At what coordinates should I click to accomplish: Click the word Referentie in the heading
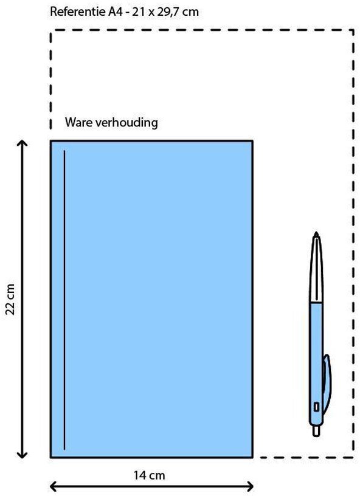coord(77,12)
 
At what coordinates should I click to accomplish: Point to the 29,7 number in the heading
coord(168,12)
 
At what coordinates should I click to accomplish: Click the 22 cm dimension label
coord(10,300)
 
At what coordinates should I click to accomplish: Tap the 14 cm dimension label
coord(149,475)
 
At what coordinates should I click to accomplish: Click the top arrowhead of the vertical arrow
coord(22,143)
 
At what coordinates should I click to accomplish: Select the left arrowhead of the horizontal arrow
coord(54,486)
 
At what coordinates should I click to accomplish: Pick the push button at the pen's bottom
coord(316,430)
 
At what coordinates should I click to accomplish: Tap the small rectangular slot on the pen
coord(316,407)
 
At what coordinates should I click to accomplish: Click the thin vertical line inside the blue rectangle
coord(64,300)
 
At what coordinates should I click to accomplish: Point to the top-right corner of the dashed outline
coord(353,30)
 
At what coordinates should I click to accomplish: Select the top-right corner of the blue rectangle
coord(252,141)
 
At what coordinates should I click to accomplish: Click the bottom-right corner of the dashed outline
coord(353,457)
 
